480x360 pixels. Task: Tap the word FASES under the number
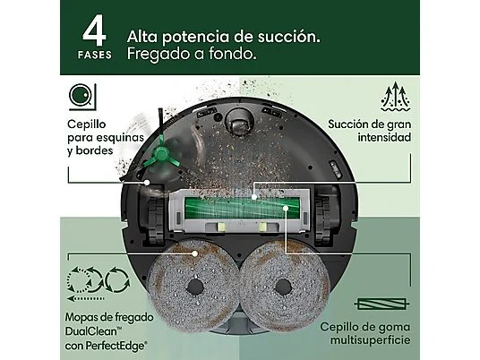tap(95, 56)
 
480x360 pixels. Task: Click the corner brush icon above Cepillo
tap(82, 97)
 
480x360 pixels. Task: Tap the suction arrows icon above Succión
tap(396, 97)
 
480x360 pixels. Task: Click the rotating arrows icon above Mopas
tap(99, 284)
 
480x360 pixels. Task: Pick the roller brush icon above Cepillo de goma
tap(381, 304)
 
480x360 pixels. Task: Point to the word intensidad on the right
tap(384, 137)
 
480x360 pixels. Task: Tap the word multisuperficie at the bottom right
tap(371, 339)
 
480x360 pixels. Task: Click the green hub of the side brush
tap(161, 153)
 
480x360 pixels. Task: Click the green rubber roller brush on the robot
tap(242, 208)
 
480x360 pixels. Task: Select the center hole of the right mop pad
tap(283, 287)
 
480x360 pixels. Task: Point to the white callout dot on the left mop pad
tap(194, 253)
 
